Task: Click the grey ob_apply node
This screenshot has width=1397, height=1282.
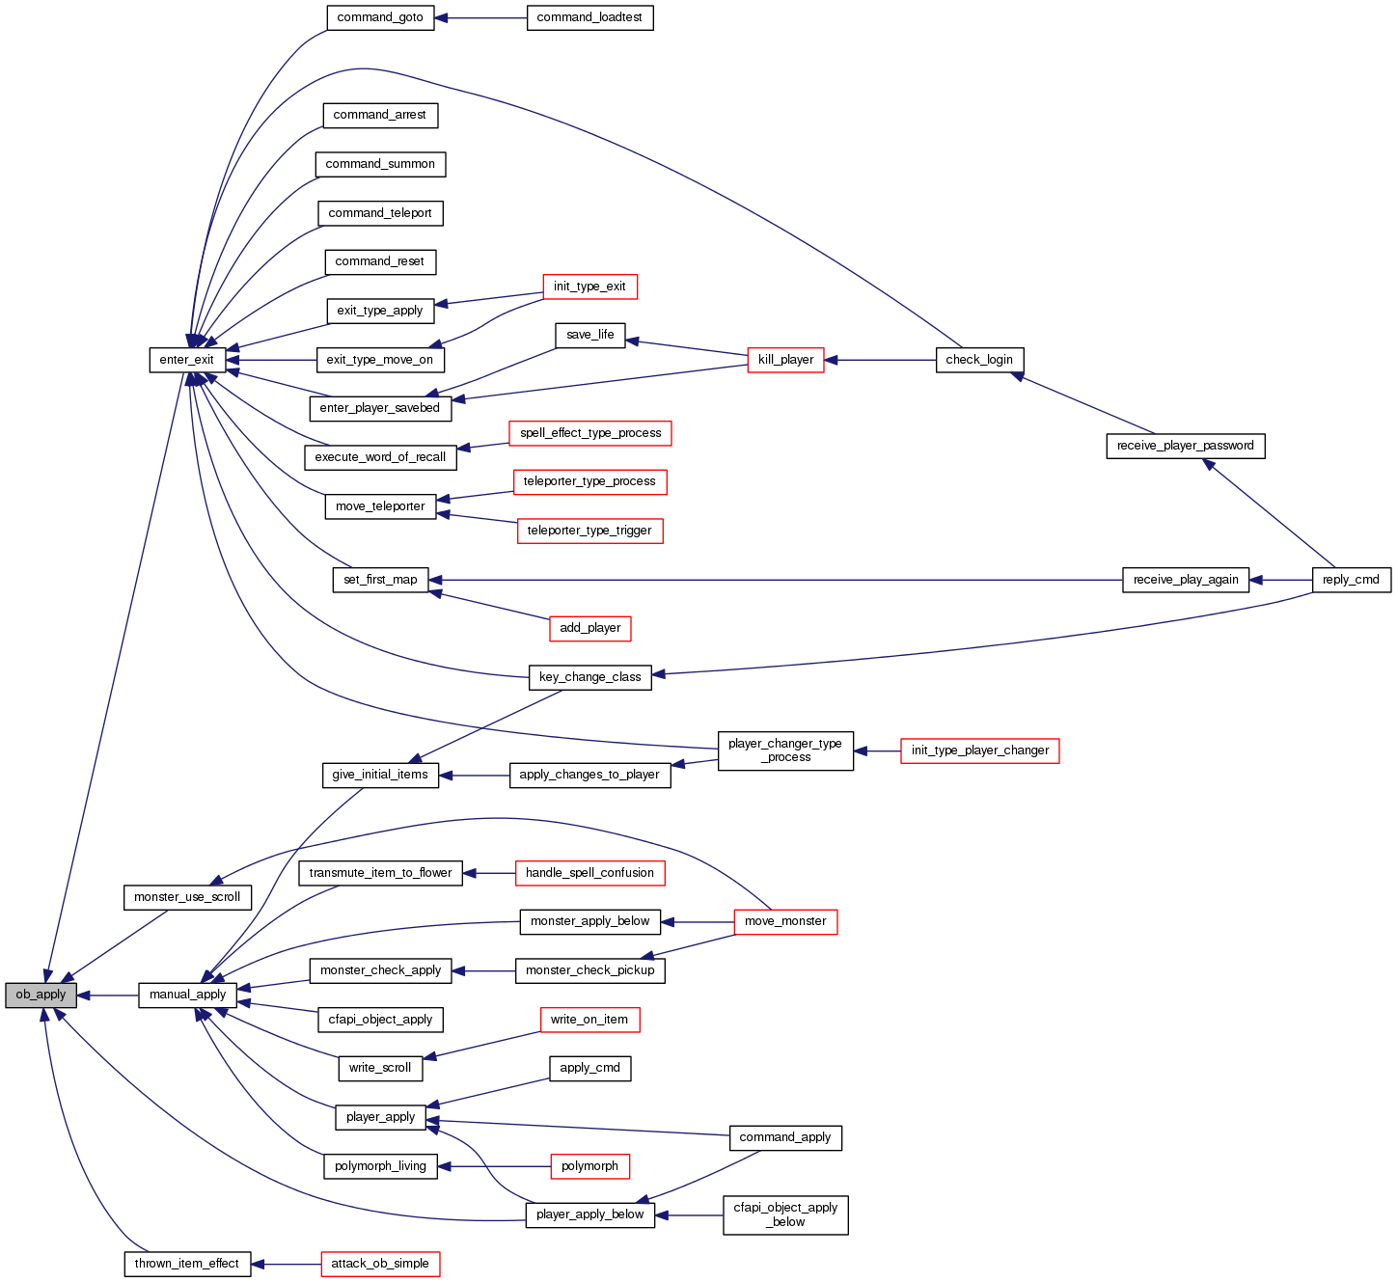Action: click(x=41, y=995)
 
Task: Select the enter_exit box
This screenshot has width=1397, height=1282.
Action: click(x=187, y=360)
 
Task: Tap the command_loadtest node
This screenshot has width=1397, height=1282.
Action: click(x=589, y=17)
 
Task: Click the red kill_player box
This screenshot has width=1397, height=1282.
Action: click(x=785, y=360)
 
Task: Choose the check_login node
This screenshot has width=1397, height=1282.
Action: click(x=979, y=360)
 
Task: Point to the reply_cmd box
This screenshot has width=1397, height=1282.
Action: click(x=1351, y=580)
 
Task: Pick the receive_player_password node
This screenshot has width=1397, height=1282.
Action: click(x=1185, y=446)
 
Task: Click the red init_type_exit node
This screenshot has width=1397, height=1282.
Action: click(x=589, y=286)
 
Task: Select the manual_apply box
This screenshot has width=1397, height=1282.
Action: click(x=187, y=995)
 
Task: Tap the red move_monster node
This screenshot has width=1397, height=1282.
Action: click(x=785, y=921)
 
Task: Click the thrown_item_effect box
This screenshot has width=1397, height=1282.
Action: click(x=187, y=1264)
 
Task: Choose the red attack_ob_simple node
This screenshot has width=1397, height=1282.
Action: click(x=380, y=1264)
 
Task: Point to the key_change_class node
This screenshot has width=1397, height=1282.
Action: click(x=589, y=677)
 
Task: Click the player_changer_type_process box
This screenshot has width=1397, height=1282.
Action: click(x=785, y=750)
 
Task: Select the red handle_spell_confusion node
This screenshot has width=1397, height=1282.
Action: click(x=589, y=873)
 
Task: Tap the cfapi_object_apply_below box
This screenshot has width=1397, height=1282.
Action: click(x=785, y=1214)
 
